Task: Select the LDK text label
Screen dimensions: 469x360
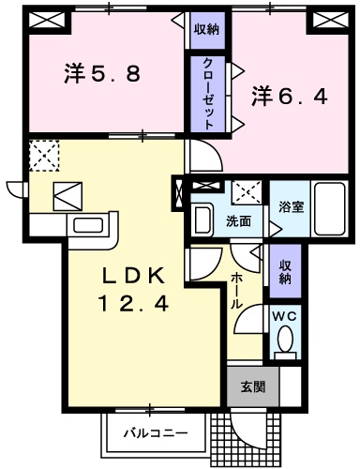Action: pyautogui.click(x=133, y=277)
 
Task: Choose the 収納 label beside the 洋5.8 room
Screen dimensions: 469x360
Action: pyautogui.click(x=206, y=30)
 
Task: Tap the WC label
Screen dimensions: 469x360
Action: pyautogui.click(x=285, y=315)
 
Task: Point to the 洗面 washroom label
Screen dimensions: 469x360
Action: pyautogui.click(x=238, y=221)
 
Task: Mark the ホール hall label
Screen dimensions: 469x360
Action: pyautogui.click(x=238, y=291)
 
